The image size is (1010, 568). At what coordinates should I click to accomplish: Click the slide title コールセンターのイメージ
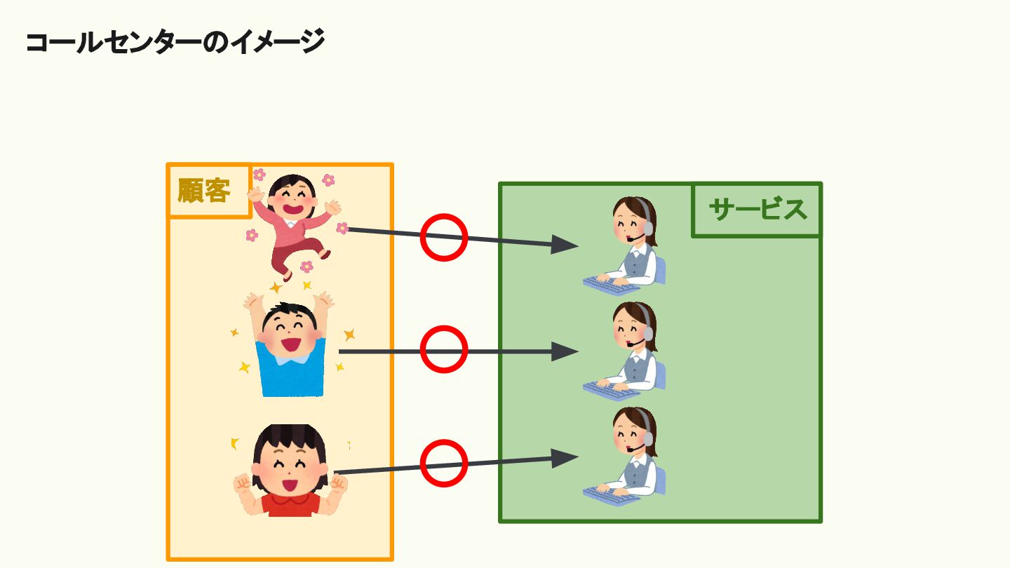pos(175,43)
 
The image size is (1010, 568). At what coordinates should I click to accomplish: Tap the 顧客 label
pos(204,191)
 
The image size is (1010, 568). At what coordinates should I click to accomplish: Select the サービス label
pos(757,210)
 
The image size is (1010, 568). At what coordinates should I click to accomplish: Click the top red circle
pos(444,237)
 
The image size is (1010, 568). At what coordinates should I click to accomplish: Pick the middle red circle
pos(444,349)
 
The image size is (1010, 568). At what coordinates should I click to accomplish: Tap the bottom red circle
pos(444,463)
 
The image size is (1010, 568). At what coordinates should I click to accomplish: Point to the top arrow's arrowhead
pos(564,245)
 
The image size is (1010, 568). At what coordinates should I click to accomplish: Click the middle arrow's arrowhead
pos(564,351)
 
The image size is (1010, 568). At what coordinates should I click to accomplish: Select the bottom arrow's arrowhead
pos(564,458)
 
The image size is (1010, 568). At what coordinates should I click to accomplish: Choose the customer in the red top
pos(290,473)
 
